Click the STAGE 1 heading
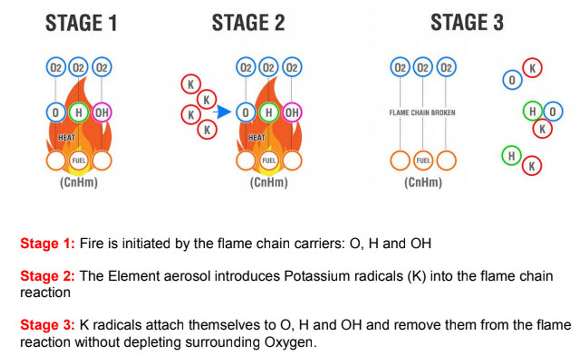coord(81,23)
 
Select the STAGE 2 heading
coord(248,23)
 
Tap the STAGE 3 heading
coord(467,23)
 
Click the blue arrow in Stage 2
coord(223,112)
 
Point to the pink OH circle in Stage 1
coord(102,112)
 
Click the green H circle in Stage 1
coord(79,112)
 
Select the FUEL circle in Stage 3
coord(423,161)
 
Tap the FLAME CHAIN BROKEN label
coord(422,112)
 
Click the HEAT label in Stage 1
coord(66,137)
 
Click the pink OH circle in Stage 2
coord(292,112)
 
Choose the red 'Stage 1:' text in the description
coord(47,243)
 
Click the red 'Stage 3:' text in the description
coord(47,325)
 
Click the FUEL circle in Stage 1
coord(79,161)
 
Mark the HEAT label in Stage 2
coord(256,137)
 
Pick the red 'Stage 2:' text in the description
coord(47,276)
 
